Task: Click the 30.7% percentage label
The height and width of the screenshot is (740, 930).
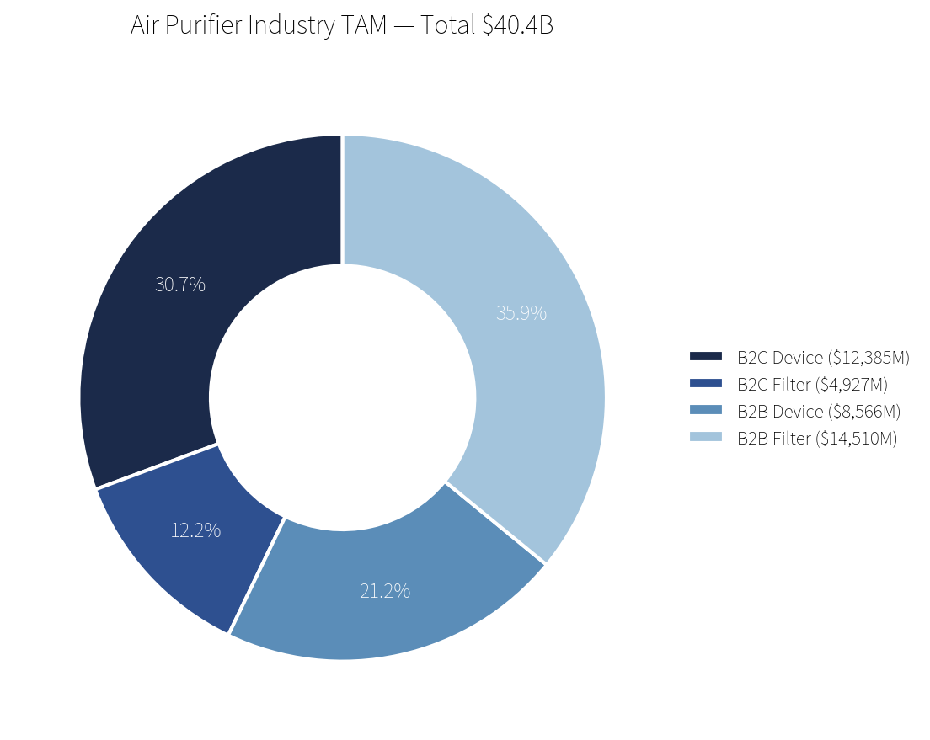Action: (x=180, y=285)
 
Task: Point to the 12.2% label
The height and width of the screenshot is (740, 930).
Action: (x=195, y=530)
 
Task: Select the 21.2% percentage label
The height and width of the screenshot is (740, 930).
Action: (x=385, y=591)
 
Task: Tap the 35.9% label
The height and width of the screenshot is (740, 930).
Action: (x=521, y=313)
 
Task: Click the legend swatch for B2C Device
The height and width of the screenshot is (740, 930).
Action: (x=706, y=357)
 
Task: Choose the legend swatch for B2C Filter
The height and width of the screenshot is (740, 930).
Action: (x=706, y=384)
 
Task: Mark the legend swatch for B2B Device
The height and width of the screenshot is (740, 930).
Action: (x=706, y=411)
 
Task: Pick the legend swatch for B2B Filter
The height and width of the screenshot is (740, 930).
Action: (x=706, y=438)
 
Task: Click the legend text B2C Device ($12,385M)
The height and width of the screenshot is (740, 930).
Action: (x=823, y=358)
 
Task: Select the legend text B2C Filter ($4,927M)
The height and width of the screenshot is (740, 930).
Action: (x=812, y=385)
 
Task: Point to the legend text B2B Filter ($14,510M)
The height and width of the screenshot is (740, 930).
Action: (x=817, y=439)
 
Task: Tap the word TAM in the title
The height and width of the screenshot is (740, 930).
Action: (x=363, y=26)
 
